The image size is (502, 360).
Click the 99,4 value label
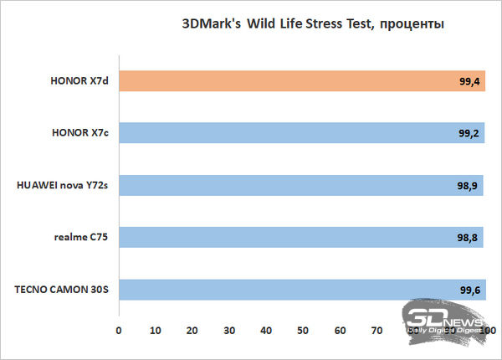[469, 82]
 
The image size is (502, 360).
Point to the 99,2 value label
[469, 134]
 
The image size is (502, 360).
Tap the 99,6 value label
[469, 290]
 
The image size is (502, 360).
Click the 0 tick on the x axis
[120, 330]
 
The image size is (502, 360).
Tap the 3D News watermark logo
[448, 321]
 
